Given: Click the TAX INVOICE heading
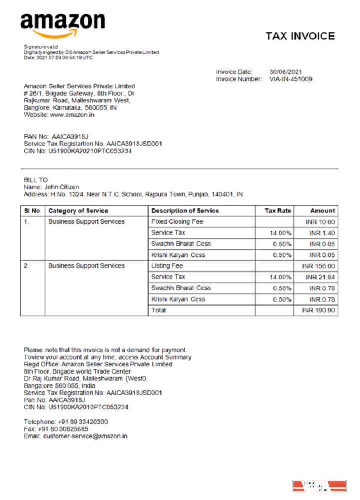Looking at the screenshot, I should pos(300,36).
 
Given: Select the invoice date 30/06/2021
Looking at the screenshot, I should pos(286,72).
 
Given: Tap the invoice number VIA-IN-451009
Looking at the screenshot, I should pos(291,79).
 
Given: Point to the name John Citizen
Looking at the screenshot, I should pos(62,187).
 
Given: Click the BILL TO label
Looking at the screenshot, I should pos(36,180).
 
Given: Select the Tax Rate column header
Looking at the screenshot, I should pos(277,211).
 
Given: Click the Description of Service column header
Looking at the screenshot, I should pos(185,211).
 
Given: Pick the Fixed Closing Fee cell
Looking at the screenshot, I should pos(177,222).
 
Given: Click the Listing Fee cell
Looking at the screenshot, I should pos(167,266).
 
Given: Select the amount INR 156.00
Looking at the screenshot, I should pos(318,266).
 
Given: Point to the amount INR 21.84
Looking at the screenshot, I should pos(320,277).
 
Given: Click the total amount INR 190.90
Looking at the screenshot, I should pos(318,310).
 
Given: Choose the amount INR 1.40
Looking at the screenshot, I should pos(322,233).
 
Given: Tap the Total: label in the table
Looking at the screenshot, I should pos(159,310).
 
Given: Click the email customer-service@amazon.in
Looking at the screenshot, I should pos(85,436).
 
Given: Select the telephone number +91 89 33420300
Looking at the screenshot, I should pos(83,422).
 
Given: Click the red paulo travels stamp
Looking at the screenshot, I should pos(319,486).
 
